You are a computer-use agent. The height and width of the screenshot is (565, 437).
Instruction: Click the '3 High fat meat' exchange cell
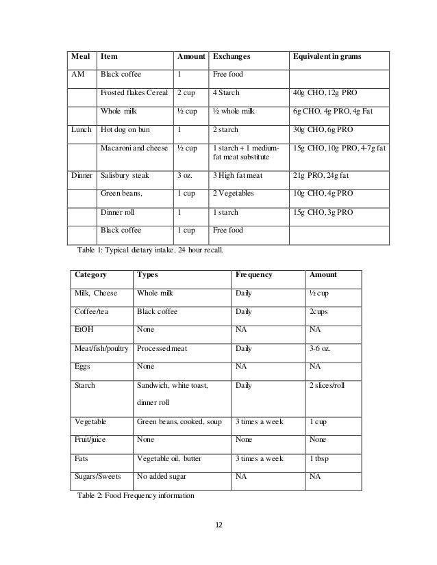(x=238, y=176)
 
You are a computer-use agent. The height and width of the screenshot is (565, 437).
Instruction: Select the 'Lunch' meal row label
(x=82, y=128)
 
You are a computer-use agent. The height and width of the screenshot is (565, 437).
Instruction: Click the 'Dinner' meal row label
(x=83, y=176)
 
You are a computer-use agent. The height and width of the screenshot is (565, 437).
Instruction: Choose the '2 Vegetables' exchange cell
(x=234, y=194)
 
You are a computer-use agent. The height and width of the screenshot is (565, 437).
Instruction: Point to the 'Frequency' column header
(x=253, y=274)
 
